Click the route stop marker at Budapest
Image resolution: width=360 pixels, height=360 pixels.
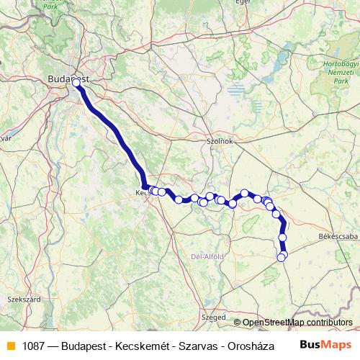[76, 83]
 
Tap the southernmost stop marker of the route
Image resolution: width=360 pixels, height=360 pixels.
[281, 258]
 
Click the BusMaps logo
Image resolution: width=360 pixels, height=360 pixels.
[325, 345]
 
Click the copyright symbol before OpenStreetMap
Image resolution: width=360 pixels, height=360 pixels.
[238, 322]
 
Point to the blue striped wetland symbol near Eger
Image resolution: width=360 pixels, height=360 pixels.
[235, 90]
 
